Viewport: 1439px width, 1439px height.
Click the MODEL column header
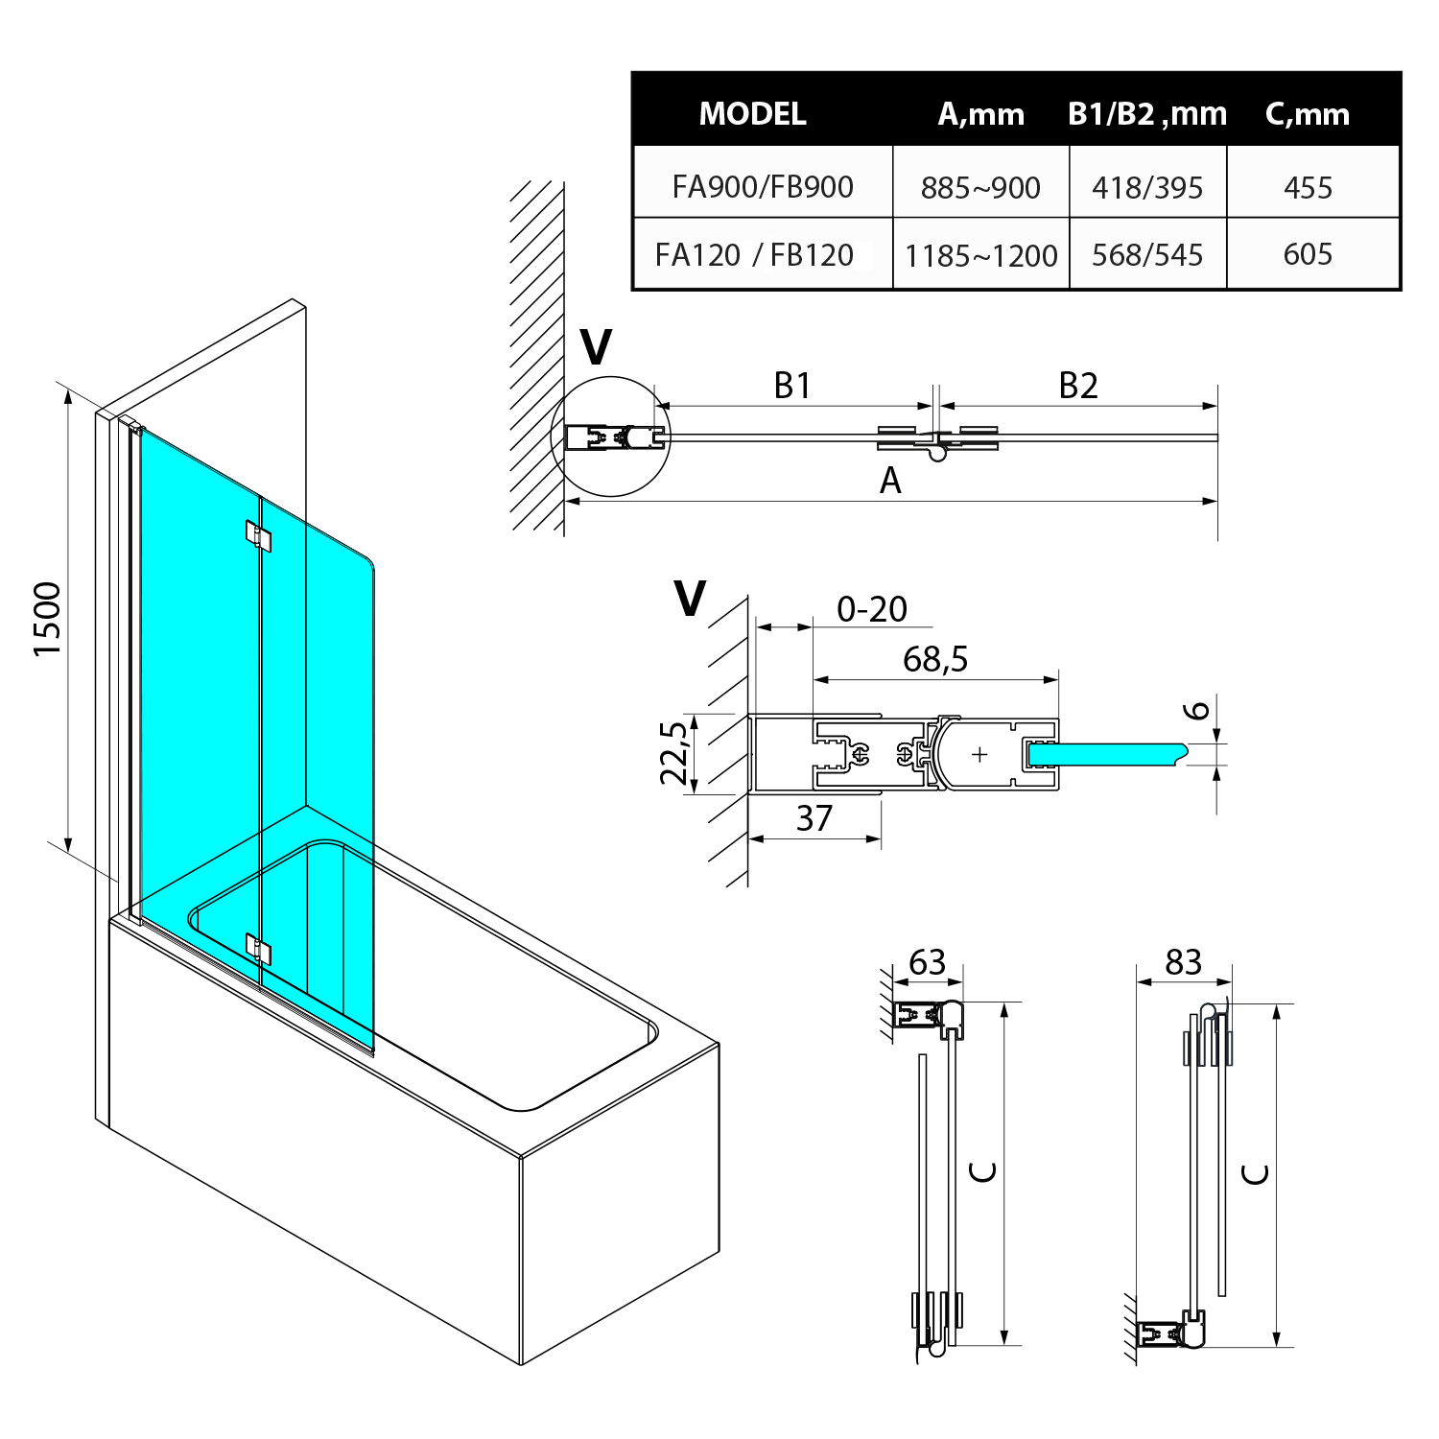(752, 114)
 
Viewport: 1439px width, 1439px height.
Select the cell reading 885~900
(980, 187)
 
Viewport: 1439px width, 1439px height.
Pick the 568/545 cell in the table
(1147, 255)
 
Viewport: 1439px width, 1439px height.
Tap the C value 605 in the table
(1308, 254)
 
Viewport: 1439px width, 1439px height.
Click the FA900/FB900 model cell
(763, 186)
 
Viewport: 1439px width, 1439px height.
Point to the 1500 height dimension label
(47, 619)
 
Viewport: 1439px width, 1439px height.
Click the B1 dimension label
(792, 386)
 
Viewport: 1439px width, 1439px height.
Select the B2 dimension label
(1077, 386)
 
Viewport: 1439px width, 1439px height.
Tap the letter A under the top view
(890, 481)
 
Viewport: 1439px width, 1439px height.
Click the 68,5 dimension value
(935, 659)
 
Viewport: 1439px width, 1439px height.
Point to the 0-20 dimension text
(871, 609)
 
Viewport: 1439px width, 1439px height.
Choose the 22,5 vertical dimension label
(674, 753)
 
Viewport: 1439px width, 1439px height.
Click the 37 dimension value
(814, 818)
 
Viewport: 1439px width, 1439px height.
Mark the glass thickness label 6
(1196, 711)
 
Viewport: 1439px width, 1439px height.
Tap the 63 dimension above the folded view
(927, 962)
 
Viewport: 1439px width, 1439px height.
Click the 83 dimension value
(1183, 962)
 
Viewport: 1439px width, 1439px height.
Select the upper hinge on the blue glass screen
(258, 536)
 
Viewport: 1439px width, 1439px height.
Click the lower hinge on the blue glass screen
(258, 949)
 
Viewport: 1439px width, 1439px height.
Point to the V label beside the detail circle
(597, 347)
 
